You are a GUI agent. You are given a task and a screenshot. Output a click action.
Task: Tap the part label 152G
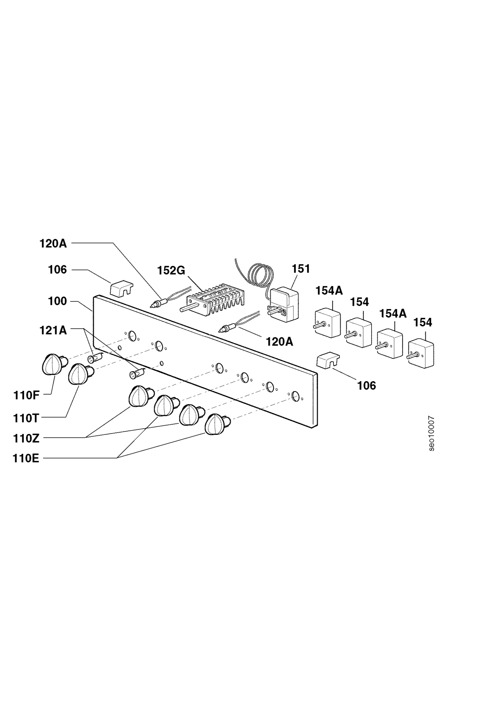171,270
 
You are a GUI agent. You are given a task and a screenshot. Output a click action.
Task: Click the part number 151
301,269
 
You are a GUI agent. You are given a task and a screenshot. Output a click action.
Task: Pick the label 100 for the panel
57,301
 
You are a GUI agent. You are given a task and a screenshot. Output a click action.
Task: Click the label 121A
53,330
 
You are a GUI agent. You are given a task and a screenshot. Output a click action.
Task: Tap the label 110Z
26,439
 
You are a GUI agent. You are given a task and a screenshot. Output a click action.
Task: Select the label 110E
26,459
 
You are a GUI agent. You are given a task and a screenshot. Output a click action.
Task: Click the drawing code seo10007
431,433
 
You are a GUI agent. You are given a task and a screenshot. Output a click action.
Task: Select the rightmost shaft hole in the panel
295,396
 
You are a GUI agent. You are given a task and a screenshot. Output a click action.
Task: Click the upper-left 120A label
53,244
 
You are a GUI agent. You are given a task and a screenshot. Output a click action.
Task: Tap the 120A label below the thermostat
279,342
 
